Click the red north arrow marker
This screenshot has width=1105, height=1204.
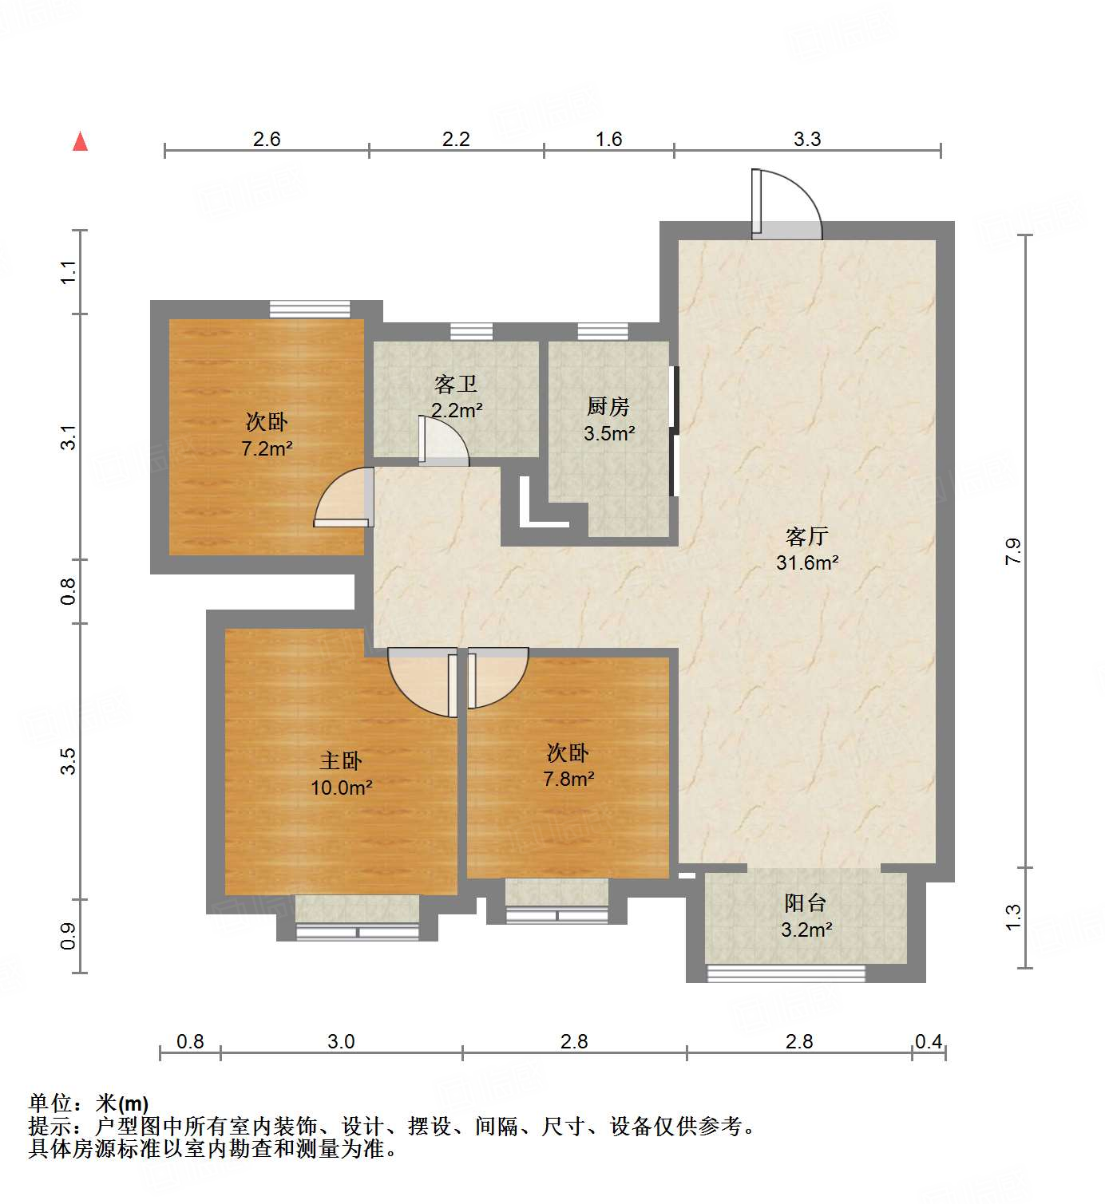80,141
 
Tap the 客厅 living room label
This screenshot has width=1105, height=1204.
806,536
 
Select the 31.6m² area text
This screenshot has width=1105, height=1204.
806,563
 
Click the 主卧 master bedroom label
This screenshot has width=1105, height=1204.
341,761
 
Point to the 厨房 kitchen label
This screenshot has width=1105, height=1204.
608,407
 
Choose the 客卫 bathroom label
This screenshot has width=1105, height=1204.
456,385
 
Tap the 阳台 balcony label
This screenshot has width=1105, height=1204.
805,903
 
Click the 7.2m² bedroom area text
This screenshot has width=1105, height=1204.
267,448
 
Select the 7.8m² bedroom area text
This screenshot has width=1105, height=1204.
568,779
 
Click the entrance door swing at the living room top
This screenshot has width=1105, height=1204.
786,203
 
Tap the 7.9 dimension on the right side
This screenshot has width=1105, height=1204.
1012,551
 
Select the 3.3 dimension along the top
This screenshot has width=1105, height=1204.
806,139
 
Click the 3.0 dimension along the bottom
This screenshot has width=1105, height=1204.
341,1041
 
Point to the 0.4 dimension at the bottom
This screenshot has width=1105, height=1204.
928,1041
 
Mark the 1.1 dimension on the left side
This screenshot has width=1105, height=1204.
69,272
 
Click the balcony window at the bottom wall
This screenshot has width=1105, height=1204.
786,973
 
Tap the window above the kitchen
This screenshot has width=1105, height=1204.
603,331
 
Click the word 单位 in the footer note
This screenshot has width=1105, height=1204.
50,1103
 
